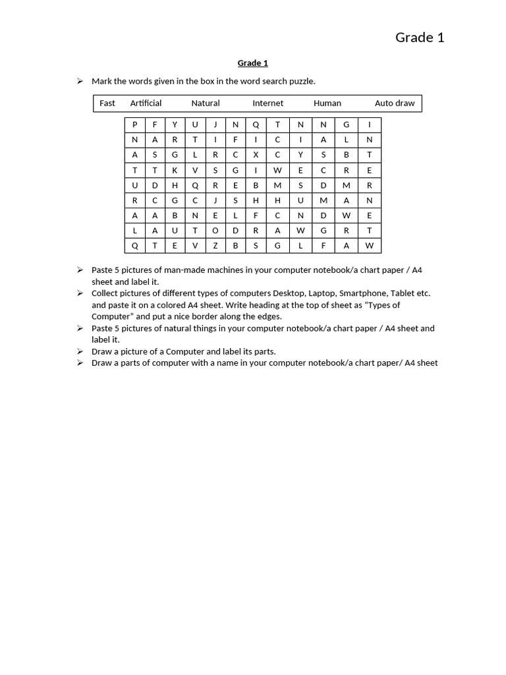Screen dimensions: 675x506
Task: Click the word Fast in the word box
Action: [x=107, y=103]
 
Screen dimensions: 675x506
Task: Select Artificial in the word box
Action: [x=146, y=103]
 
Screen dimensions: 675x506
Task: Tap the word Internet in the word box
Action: [x=267, y=103]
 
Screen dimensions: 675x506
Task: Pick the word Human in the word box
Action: [x=327, y=103]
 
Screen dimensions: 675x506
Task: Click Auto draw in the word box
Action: [x=395, y=103]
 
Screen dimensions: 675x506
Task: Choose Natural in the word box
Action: [x=206, y=103]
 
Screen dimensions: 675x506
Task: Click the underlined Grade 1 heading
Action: [x=252, y=63]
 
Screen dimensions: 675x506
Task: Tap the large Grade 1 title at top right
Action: [x=420, y=38]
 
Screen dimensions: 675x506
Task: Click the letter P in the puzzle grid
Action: [x=135, y=125]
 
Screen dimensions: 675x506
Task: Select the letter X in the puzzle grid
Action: [x=256, y=155]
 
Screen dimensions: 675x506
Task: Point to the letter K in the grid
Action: [x=175, y=170]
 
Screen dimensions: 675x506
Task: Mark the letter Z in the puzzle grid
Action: [x=215, y=246]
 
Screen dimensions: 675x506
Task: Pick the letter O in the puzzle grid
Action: [x=215, y=231]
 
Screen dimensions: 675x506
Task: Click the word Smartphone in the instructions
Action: [x=363, y=293]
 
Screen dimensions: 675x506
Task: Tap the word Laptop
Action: [x=321, y=293]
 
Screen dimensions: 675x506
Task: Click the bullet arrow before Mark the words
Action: [x=80, y=81]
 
